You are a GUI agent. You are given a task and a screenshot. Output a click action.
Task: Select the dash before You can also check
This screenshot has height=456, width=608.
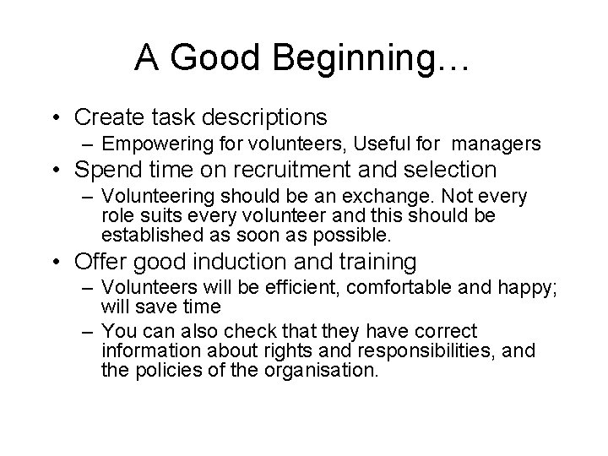pyautogui.click(x=90, y=330)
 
